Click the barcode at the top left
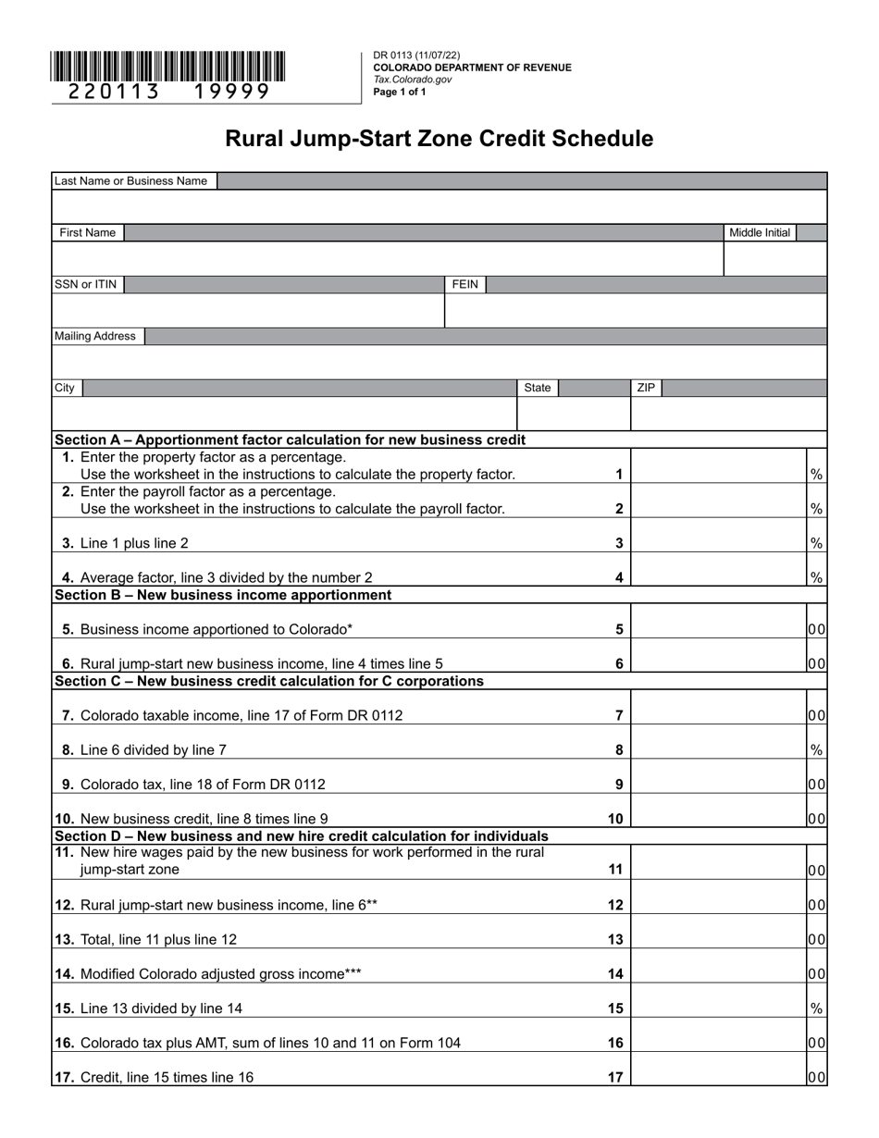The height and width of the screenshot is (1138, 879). click(168, 67)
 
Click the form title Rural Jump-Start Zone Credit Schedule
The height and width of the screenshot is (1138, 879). click(439, 139)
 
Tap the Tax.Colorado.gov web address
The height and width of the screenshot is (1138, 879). click(413, 80)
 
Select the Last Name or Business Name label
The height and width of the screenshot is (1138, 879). click(130, 181)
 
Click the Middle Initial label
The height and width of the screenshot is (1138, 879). click(760, 233)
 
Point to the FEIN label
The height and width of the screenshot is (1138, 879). click(465, 285)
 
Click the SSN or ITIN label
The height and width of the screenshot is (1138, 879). click(86, 285)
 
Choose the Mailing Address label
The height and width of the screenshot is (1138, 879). click(95, 337)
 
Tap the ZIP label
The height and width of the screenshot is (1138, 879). click(646, 389)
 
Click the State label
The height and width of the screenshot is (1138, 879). click(538, 389)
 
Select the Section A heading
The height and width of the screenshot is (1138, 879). click(290, 439)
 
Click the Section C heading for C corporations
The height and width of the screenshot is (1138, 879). click(268, 681)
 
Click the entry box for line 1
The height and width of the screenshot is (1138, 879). click(718, 466)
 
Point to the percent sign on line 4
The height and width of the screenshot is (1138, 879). click(816, 577)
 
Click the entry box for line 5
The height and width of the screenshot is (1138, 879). click(718, 622)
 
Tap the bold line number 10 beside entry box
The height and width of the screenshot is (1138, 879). click(615, 819)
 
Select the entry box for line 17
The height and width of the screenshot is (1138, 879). click(718, 1070)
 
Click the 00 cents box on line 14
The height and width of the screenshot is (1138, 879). click(816, 973)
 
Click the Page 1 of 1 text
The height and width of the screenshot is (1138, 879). click(400, 92)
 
